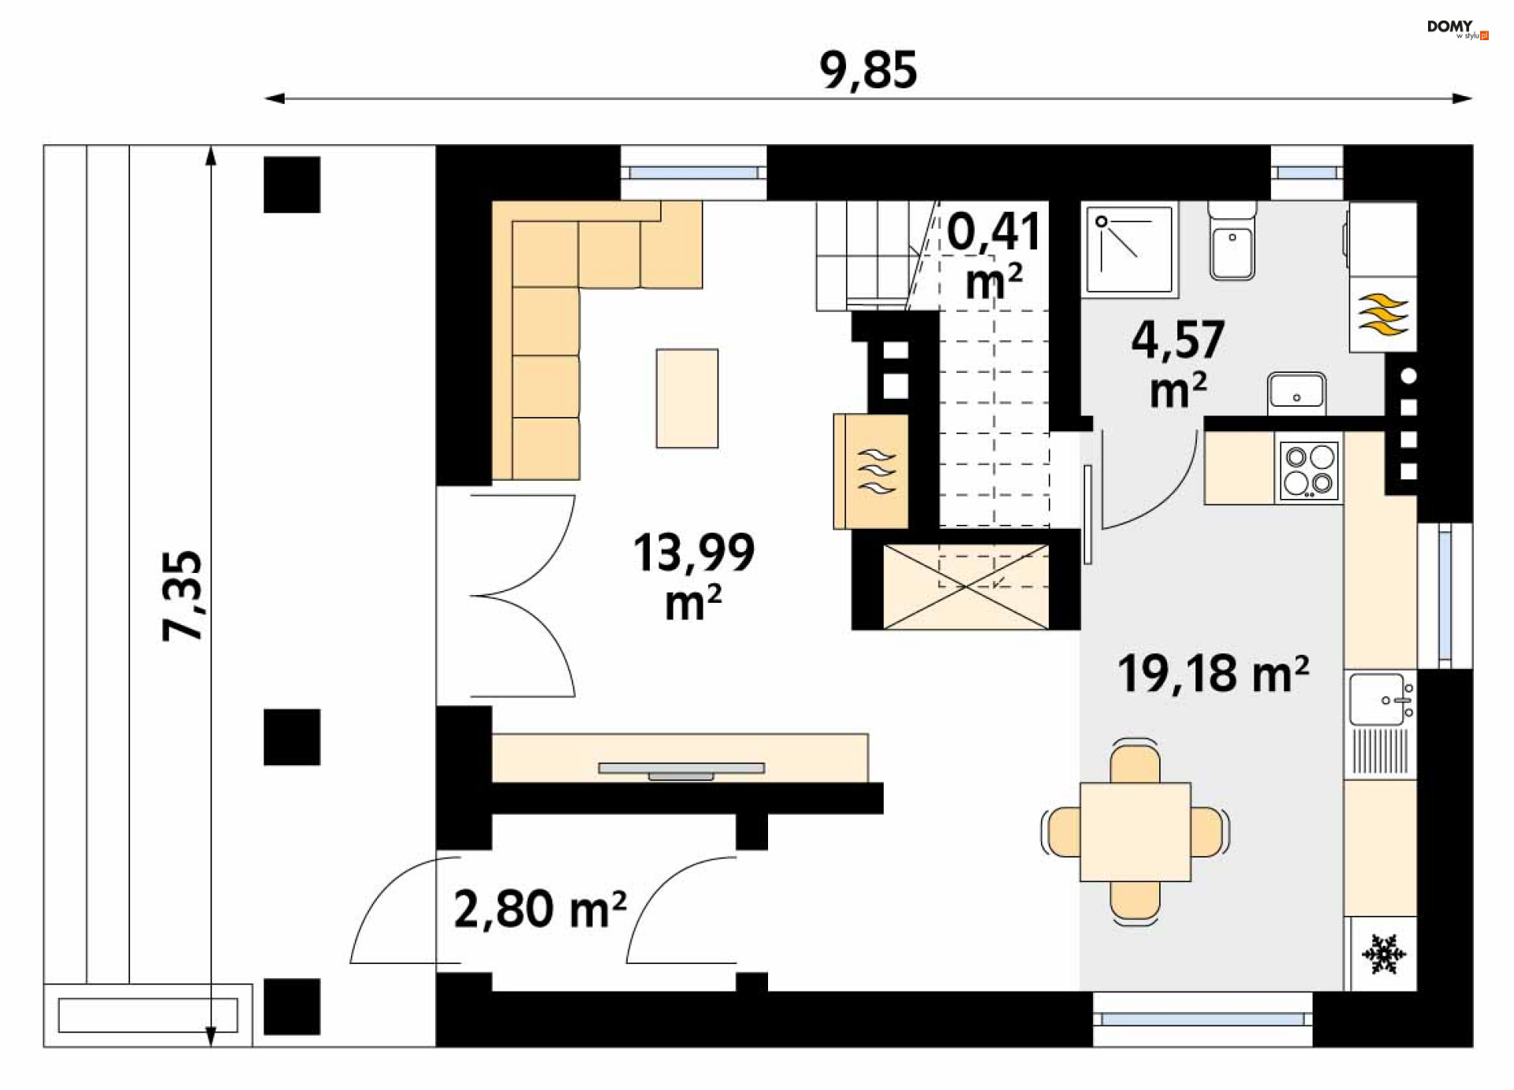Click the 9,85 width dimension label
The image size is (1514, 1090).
867,69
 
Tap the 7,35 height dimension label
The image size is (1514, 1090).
183,595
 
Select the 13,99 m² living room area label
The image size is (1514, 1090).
694,576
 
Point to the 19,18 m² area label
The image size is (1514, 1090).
1213,674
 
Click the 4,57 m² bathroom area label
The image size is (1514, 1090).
1178,363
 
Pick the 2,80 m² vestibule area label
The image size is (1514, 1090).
540,909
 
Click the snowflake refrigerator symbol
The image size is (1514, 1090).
1384,954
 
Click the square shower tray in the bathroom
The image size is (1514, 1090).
1129,250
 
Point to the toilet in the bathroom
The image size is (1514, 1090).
1232,240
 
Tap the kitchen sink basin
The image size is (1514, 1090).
1380,699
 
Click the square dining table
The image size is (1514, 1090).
1135,831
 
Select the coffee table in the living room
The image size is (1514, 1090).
687,398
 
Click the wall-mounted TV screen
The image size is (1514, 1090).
681,769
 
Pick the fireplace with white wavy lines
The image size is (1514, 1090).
871,471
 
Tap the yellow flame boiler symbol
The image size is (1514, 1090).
1382,314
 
